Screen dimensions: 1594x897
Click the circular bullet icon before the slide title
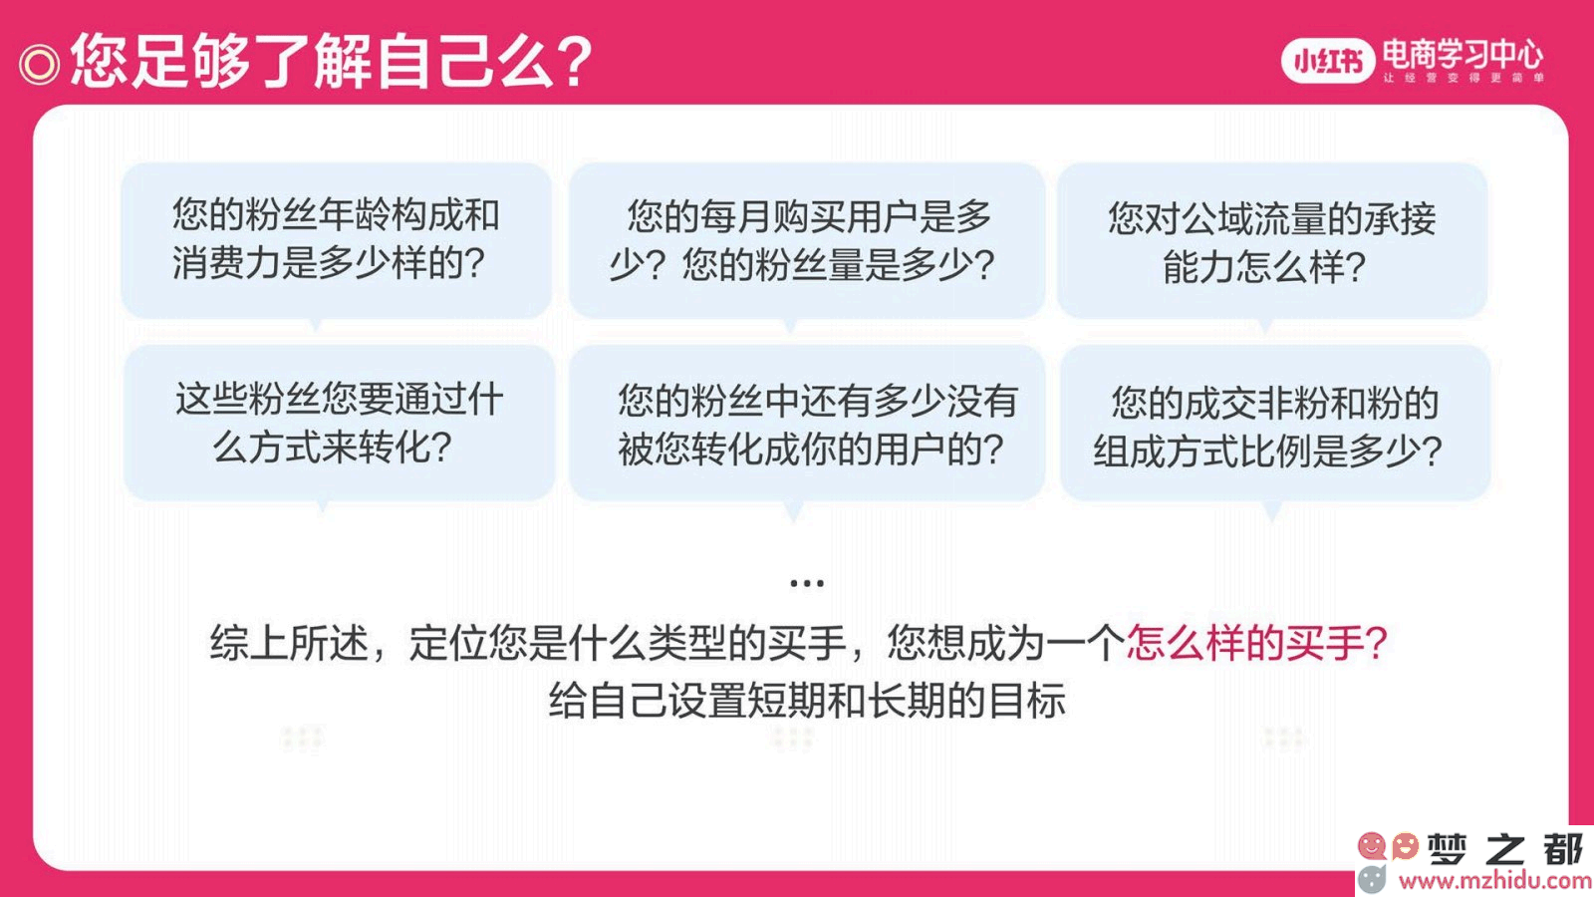[39, 65]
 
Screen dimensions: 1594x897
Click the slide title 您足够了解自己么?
[332, 61]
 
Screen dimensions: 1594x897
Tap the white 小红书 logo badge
[1327, 61]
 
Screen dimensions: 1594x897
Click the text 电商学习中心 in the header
[1462, 54]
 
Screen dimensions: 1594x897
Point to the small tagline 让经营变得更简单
[1463, 78]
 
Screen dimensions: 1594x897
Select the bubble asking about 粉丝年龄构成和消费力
[336, 240]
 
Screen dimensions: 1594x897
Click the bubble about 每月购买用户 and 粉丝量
[806, 240]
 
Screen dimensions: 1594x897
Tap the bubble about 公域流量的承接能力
[1271, 240]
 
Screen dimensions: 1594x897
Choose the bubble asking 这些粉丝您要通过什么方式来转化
[339, 423]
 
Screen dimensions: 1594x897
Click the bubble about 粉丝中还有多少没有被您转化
[806, 423]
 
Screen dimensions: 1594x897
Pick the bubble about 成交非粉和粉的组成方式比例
[1274, 423]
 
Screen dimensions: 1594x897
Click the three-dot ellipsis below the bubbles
[806, 583]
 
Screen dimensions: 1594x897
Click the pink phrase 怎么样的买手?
[1256, 643]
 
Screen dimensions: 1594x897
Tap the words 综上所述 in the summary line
[288, 643]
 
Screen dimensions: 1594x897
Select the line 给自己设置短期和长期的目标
[806, 701]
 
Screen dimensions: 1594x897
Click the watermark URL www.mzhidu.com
[1495, 880]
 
